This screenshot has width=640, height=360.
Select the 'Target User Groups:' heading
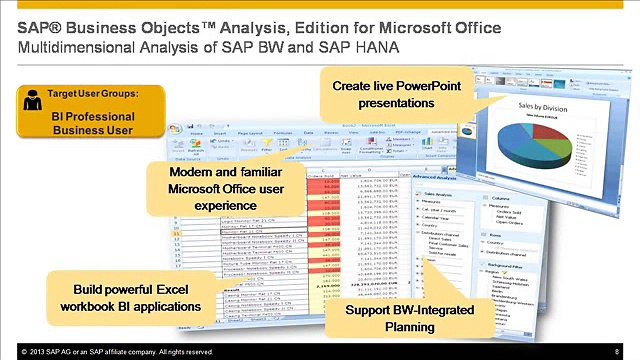tap(92, 94)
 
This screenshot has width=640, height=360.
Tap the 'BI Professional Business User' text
tap(92, 123)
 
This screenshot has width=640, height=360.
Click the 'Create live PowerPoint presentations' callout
tap(396, 94)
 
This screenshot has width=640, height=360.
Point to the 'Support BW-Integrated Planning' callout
tap(396, 318)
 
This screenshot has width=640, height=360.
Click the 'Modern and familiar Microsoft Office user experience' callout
tap(226, 188)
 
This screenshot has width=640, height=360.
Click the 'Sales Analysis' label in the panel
tap(439, 195)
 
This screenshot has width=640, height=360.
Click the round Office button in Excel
tap(176, 131)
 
